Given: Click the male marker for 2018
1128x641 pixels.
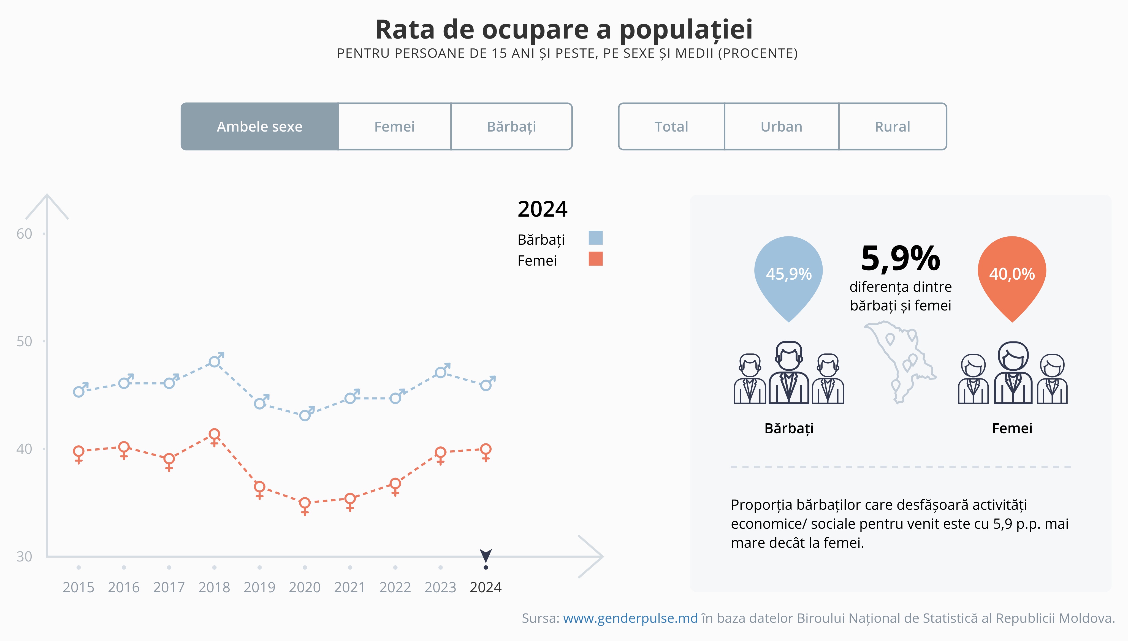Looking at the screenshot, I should pyautogui.click(x=215, y=361).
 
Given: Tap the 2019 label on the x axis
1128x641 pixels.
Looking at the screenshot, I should pyautogui.click(x=259, y=587).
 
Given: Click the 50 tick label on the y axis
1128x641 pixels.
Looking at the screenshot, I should pyautogui.click(x=24, y=341).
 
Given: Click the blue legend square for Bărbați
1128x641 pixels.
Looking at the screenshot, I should pyautogui.click(x=595, y=238).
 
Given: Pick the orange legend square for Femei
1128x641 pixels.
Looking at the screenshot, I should pyautogui.click(x=595, y=259).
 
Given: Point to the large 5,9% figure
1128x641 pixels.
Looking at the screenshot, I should pyautogui.click(x=900, y=258).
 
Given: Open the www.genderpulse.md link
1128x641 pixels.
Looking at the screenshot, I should pyautogui.click(x=630, y=618).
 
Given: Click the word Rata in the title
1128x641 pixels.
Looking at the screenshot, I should pyautogui.click(x=405, y=30).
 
